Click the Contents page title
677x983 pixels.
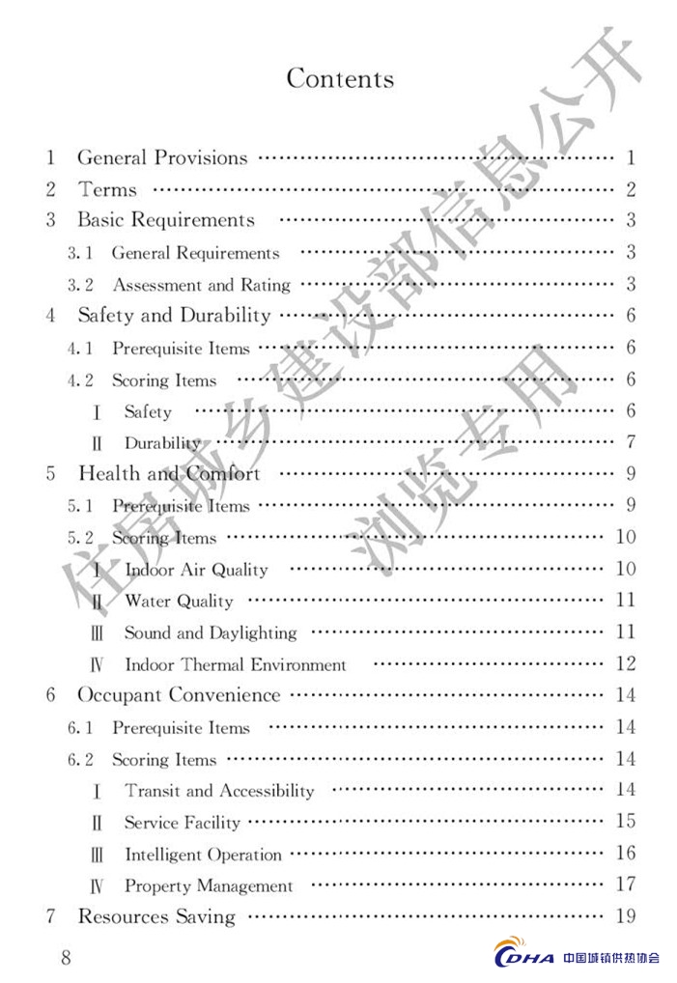(x=340, y=78)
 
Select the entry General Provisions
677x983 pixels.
(x=162, y=157)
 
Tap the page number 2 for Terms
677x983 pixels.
(x=630, y=189)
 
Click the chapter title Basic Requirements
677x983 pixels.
(x=166, y=220)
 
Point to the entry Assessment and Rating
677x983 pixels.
(x=201, y=285)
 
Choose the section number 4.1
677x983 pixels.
(x=80, y=349)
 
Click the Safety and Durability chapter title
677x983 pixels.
(x=174, y=315)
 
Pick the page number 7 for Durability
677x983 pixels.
(x=630, y=442)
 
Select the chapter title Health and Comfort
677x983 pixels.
(x=169, y=474)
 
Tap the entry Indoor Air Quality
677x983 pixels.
(x=196, y=570)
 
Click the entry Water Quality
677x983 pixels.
(x=179, y=602)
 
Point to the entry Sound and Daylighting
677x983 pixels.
(x=210, y=633)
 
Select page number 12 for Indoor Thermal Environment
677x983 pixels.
(x=625, y=663)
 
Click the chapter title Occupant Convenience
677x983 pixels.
(x=179, y=695)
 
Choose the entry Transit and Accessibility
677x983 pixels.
(x=219, y=791)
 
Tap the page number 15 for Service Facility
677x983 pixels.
(x=625, y=822)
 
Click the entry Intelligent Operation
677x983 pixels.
(x=203, y=855)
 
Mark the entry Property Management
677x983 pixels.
(x=209, y=885)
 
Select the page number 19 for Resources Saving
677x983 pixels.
(x=625, y=915)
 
